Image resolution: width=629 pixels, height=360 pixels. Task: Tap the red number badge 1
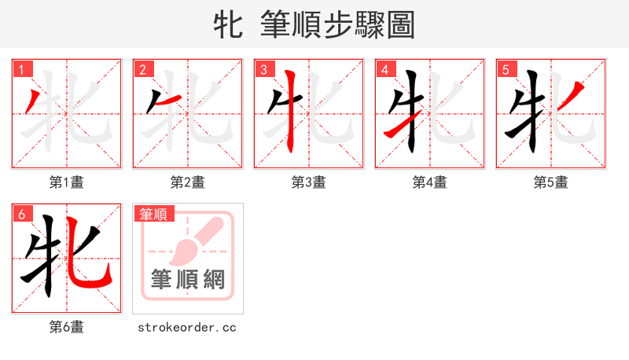21,69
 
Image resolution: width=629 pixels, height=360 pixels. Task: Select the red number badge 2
142,69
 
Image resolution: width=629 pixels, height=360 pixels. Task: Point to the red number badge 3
263,69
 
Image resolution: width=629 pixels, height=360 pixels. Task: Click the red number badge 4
384,69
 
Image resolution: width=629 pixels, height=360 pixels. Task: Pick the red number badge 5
506,69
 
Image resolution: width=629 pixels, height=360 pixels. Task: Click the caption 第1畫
67,182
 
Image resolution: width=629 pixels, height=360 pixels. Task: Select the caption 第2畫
188,182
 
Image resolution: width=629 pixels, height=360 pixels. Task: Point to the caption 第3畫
309,182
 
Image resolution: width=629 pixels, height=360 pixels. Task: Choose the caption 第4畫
430,182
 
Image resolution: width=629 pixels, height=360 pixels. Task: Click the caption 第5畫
551,182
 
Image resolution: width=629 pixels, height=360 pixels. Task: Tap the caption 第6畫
67,327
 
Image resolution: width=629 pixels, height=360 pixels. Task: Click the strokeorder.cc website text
187,327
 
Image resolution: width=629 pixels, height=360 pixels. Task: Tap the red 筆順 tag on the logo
154,214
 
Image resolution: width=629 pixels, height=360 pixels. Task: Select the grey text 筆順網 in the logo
188,279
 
